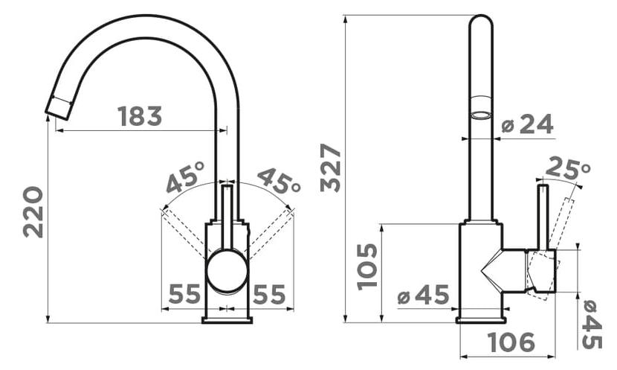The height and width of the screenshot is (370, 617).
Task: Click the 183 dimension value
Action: pyautogui.click(x=140, y=116)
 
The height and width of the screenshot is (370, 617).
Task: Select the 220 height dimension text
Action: pyautogui.click(x=33, y=212)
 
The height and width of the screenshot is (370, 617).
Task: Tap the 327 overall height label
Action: pyautogui.click(x=330, y=168)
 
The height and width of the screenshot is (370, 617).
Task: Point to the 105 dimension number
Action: pyautogui.click(x=367, y=267)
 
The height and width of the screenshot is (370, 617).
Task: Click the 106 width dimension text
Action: pyautogui.click(x=511, y=342)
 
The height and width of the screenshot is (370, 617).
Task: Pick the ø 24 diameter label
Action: pyautogui.click(x=528, y=124)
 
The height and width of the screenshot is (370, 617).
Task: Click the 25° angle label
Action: pyautogui.click(x=568, y=168)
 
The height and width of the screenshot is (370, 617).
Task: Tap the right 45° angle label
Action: pyautogui.click(x=279, y=181)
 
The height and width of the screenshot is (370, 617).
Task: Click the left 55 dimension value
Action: pyautogui.click(x=184, y=294)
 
